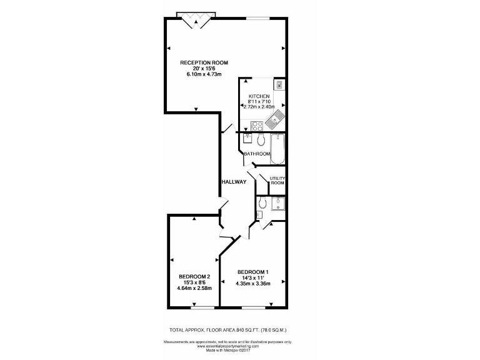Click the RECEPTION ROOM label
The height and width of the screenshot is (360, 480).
tap(204, 62)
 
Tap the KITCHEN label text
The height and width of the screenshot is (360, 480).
tap(259, 96)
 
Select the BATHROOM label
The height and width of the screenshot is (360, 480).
tap(257, 154)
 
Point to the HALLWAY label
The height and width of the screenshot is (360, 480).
tap(234, 182)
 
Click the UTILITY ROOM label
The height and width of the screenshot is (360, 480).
tap(277, 181)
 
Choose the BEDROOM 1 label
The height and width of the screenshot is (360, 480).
tap(252, 271)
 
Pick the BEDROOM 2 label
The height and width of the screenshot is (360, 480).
tap(194, 277)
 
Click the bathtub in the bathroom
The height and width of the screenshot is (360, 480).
tap(277, 147)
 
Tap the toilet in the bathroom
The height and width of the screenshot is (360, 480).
tap(261, 139)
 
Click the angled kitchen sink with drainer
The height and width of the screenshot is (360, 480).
tap(276, 116)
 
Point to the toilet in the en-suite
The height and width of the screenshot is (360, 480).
tap(262, 203)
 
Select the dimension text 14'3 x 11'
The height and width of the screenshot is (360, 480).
tap(252, 277)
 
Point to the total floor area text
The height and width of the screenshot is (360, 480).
tap(227, 329)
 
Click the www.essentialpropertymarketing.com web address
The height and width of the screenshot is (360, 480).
tap(227, 346)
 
